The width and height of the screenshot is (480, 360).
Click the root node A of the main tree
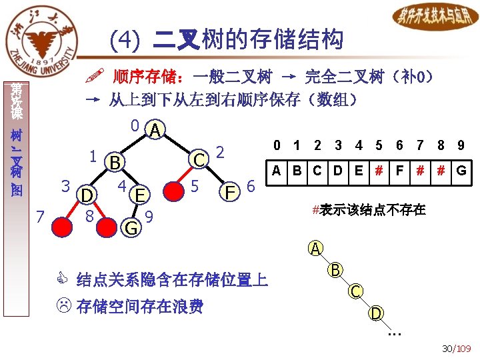pyautogui.click(x=155, y=130)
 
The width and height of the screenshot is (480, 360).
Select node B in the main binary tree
pyautogui.click(x=115, y=162)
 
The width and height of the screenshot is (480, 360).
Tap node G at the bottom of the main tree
pyautogui.click(x=131, y=227)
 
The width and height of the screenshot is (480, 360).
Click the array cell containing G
pyautogui.click(x=461, y=170)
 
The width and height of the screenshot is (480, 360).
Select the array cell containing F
pyautogui.click(x=399, y=170)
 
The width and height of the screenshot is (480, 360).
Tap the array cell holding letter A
pyautogui.click(x=275, y=170)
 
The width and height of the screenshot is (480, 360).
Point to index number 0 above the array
pyautogui.click(x=275, y=145)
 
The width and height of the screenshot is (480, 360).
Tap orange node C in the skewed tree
pyautogui.click(x=357, y=291)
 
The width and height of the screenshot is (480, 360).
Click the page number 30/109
pyautogui.click(x=456, y=348)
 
